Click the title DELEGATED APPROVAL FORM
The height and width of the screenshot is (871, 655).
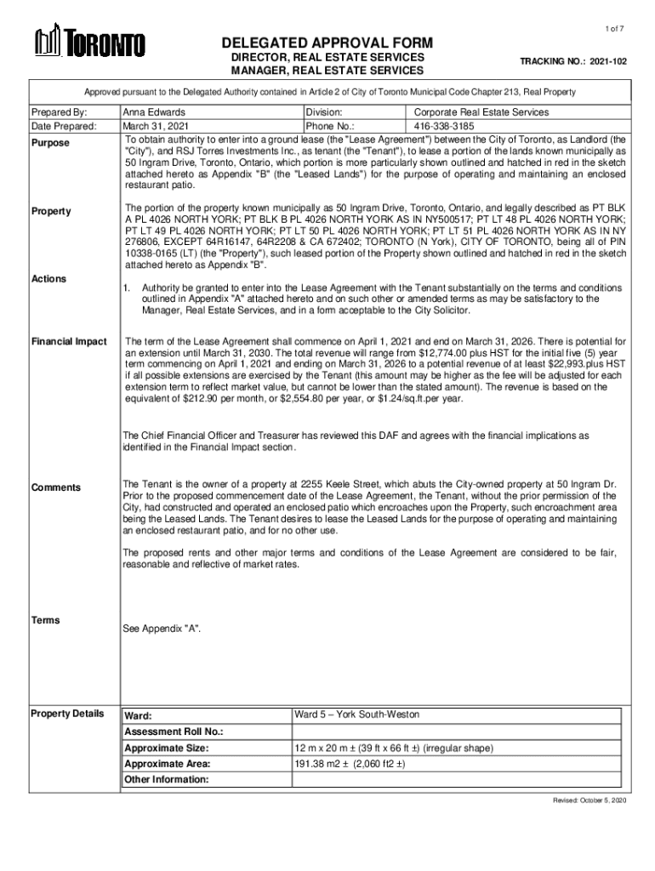[327, 43]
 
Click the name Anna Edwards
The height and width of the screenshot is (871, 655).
[154, 111]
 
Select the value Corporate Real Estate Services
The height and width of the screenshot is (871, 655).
[481, 111]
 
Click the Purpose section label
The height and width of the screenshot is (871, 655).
[51, 143]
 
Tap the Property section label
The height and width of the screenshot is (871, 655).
[51, 211]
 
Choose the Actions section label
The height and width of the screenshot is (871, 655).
[49, 279]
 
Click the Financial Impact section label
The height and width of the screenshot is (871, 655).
[69, 341]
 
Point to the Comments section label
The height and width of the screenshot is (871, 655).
[56, 487]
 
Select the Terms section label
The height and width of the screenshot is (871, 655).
[46, 620]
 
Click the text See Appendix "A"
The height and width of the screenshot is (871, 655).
[162, 629]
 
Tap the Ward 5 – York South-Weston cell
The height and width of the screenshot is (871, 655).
[357, 714]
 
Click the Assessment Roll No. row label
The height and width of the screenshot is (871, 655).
[174, 732]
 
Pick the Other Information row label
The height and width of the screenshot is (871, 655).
[166, 779]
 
